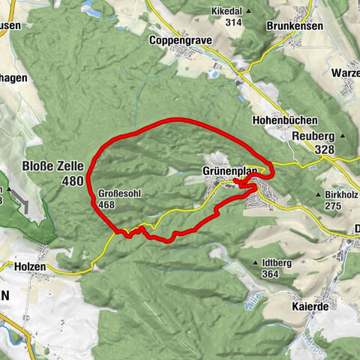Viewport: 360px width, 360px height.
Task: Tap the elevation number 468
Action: (x=106, y=204)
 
